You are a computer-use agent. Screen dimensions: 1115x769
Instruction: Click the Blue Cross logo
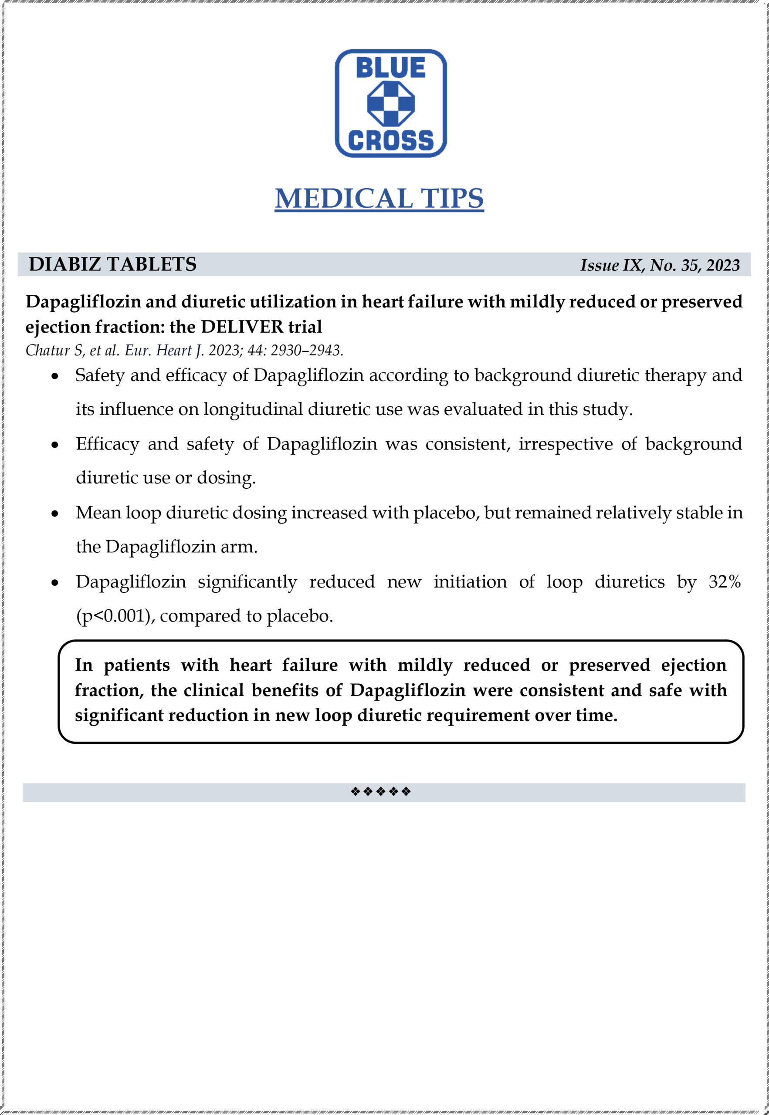(x=390, y=103)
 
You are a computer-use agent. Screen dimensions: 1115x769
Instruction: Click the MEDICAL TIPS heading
(x=379, y=199)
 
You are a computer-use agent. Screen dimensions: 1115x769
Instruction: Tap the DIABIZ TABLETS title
(x=113, y=264)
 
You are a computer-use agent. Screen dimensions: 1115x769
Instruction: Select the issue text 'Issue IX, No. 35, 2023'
(x=660, y=265)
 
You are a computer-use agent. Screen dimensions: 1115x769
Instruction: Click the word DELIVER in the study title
(x=242, y=327)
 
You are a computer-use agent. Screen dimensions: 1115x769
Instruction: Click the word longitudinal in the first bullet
(x=253, y=409)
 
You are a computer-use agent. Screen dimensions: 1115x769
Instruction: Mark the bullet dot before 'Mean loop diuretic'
(x=55, y=514)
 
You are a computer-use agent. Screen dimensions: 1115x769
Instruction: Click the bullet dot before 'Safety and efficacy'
(x=55, y=376)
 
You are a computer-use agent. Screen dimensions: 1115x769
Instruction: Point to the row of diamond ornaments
(x=381, y=792)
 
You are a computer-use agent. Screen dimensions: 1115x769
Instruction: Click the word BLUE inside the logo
(x=390, y=68)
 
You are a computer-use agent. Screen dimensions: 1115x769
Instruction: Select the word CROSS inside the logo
(x=390, y=140)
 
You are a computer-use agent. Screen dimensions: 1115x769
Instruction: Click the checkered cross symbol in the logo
(x=391, y=104)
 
